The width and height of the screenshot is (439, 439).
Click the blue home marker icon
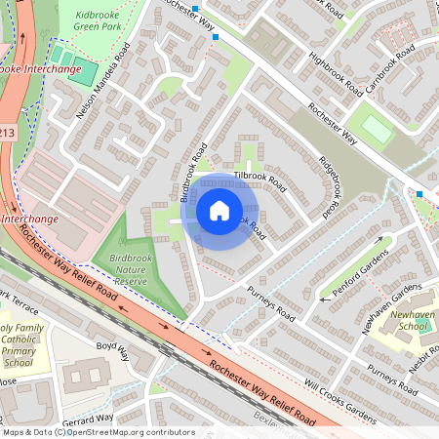tap(219, 211)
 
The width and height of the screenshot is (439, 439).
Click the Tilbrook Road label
tap(259, 181)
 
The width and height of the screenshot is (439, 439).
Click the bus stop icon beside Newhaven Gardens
tap(419, 194)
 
